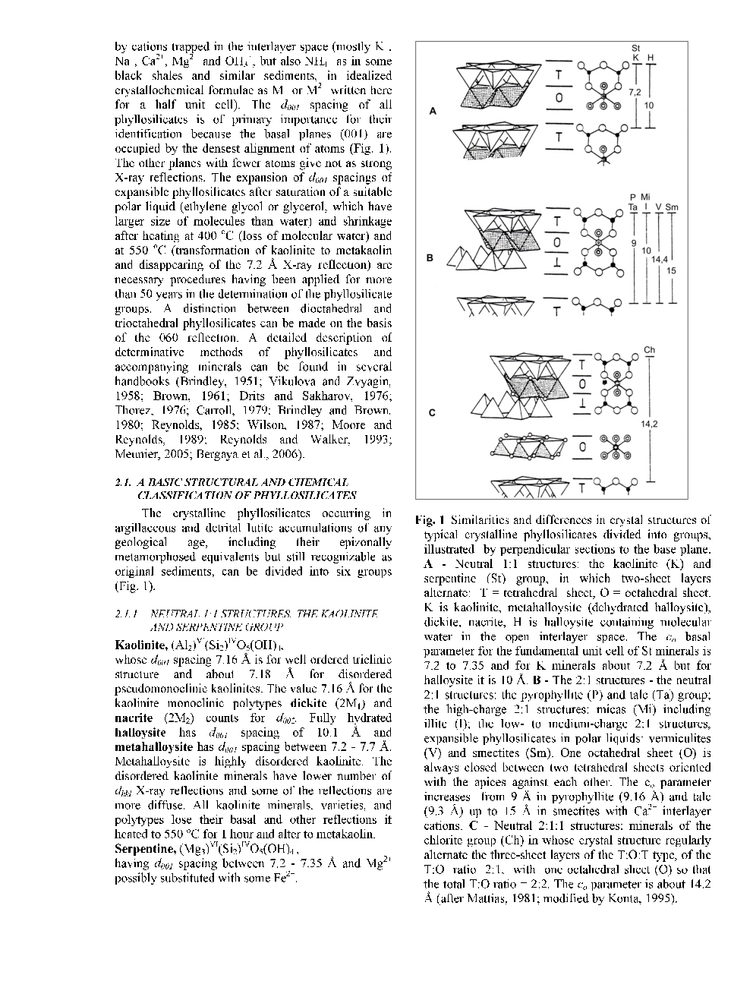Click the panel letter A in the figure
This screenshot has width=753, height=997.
pos(433,111)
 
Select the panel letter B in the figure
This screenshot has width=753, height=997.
pos(431,257)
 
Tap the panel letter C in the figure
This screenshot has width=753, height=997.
pos(431,413)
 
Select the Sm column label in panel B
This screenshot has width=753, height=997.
pos(672,207)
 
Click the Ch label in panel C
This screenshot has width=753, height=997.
pos(649,349)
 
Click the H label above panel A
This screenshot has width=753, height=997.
pos(651,58)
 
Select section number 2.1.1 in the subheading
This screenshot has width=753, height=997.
pos(125,612)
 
